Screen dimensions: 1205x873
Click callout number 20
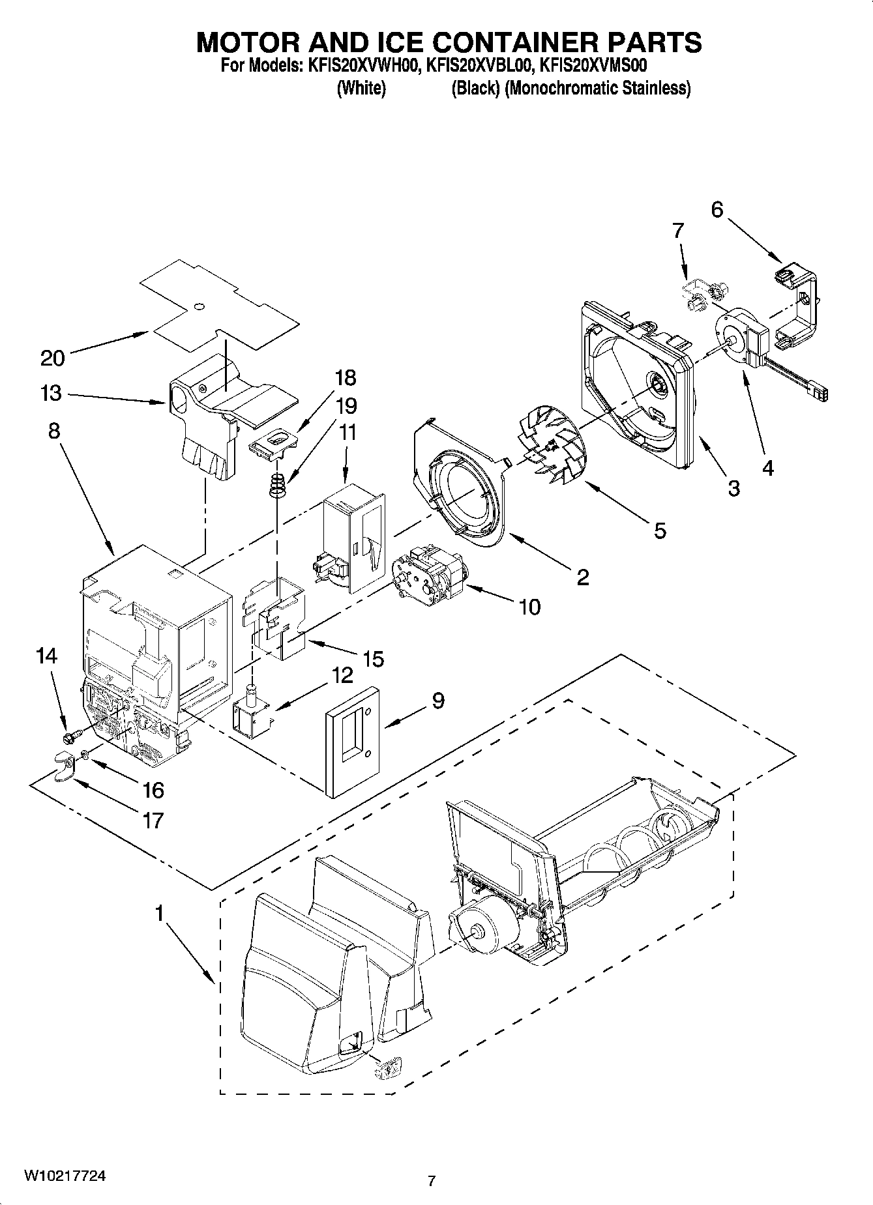click(52, 358)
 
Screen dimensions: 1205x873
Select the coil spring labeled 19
click(278, 486)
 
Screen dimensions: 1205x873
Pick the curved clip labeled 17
click(64, 763)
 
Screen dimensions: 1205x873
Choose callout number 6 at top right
click(717, 210)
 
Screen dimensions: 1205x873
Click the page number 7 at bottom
click(431, 1180)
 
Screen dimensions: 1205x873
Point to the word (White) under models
click(361, 88)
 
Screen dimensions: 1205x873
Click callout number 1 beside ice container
click(158, 914)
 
